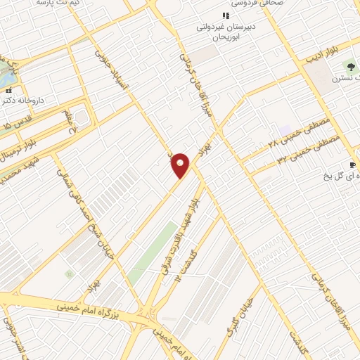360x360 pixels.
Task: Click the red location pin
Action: tap(181, 165)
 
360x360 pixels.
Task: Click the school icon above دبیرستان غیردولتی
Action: tap(225, 15)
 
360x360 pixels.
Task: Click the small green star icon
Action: tap(68, 274)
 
